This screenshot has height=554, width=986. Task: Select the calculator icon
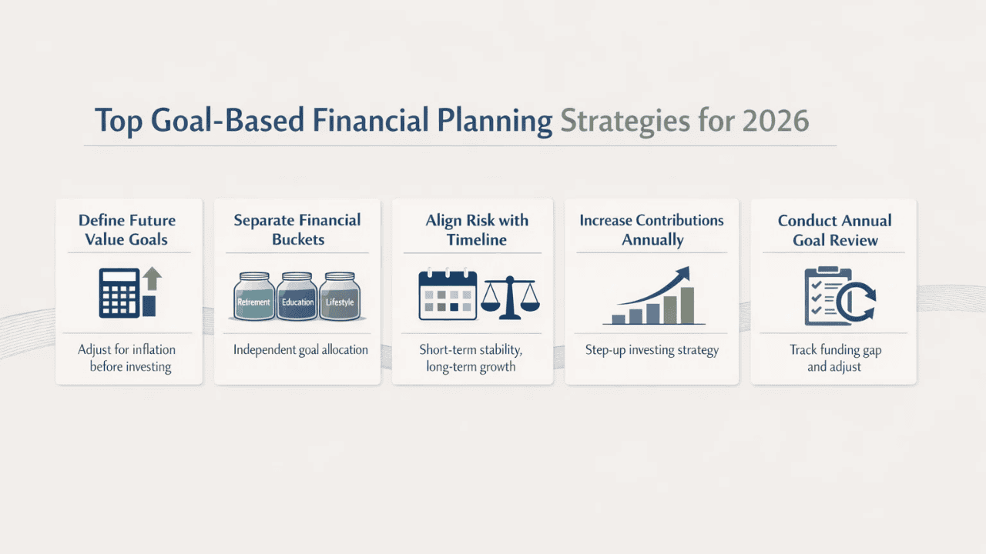(119, 292)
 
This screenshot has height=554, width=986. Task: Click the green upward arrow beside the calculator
(152, 279)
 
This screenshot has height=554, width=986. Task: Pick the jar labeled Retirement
(254, 296)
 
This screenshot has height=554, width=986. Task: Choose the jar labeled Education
(297, 296)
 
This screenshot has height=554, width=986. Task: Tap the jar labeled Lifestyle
(340, 296)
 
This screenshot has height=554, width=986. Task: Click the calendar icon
(446, 294)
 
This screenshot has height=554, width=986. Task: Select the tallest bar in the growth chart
(687, 305)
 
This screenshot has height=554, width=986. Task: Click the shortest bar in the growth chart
(619, 319)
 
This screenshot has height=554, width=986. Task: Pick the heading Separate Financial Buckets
(297, 229)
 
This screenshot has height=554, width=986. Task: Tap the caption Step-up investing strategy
(652, 350)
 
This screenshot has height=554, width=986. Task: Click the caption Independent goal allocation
(300, 350)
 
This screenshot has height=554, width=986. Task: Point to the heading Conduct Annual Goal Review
(834, 230)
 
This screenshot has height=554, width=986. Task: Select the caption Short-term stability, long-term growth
(471, 358)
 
